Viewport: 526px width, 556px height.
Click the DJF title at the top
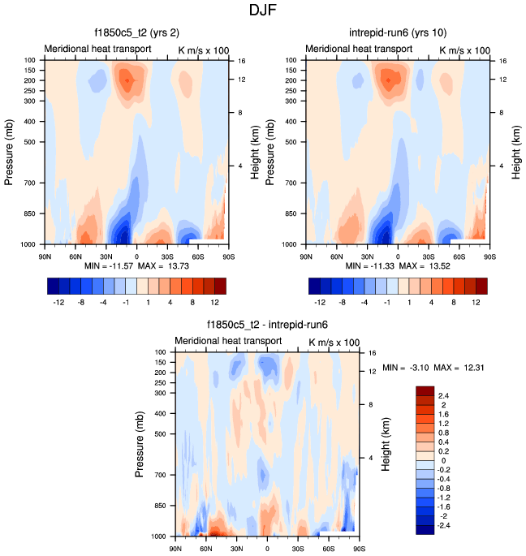pos(263,12)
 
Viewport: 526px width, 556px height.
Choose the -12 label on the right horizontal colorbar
pos(321,302)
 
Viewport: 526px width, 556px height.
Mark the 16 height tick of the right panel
pos(502,61)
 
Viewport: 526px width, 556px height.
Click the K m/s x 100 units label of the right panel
pos(463,50)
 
